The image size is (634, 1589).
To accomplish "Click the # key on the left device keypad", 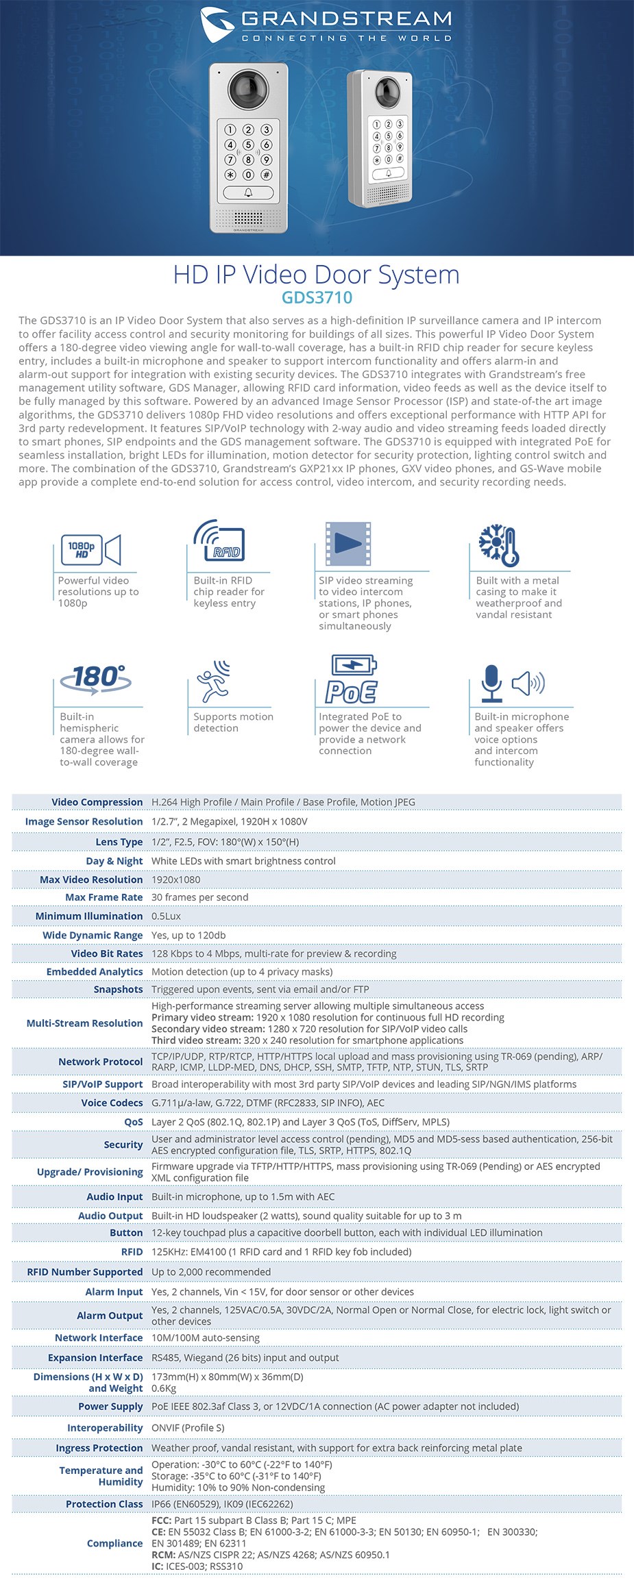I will coord(266,175).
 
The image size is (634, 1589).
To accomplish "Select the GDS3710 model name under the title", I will coord(317,297).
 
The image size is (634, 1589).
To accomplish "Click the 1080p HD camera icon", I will coord(91,550).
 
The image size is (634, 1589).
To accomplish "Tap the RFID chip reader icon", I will coord(219,542).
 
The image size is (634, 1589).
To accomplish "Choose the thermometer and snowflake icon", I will coord(498,545).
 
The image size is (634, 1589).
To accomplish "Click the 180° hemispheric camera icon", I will coord(95,679).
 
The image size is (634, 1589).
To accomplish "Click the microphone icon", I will coord(491,683).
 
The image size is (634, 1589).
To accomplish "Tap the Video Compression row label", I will coord(97,802).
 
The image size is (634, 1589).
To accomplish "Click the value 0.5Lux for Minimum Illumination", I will coord(167,916).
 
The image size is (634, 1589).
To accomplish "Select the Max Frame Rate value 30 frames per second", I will coord(200,897).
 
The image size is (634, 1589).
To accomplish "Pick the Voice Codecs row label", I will coord(112,1103).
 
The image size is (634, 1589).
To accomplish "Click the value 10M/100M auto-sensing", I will coord(206,1338).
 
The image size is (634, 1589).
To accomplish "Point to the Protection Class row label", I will coord(104,1504).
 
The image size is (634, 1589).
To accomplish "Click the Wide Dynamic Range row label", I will coord(93,935).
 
